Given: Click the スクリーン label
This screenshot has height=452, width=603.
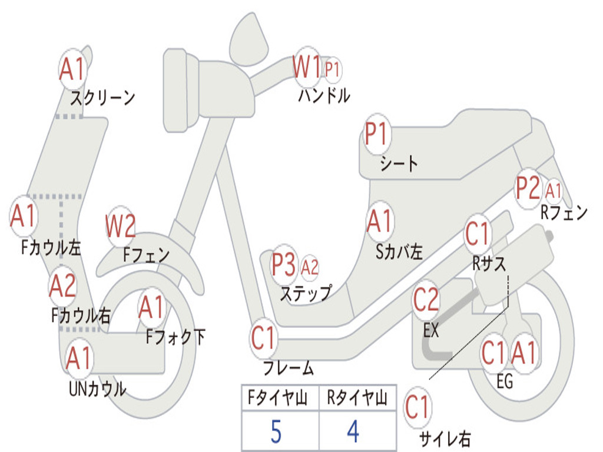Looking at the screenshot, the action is click(102, 98).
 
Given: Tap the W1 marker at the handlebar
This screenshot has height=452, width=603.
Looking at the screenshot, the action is click(306, 67).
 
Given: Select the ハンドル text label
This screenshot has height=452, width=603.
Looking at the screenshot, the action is click(324, 95).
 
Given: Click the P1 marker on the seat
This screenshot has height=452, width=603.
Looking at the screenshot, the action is click(377, 134).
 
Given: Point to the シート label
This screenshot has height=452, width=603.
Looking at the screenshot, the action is click(399, 164).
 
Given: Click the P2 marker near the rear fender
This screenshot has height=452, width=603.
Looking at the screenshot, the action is click(528, 188).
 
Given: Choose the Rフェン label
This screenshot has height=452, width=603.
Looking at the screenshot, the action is click(564, 212).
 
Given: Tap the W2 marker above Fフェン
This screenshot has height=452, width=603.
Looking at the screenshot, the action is click(121, 226).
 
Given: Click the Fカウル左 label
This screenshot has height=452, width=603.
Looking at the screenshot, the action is click(51, 248).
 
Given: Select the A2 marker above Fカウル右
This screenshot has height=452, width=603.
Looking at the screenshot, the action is click(62, 286).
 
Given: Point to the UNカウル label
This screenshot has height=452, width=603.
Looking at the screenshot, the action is click(97, 389).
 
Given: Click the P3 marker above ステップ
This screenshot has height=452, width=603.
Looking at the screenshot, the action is click(284, 265).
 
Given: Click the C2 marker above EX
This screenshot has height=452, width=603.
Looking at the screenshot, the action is click(426, 300).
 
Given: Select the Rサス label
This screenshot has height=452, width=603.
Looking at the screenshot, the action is click(489, 264).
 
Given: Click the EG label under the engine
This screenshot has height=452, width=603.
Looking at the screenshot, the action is click(505, 381).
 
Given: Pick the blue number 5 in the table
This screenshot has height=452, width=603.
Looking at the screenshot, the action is click(276, 431).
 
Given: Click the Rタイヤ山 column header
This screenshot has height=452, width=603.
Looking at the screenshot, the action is click(357, 397).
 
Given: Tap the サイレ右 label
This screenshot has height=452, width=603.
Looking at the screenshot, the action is click(445, 439).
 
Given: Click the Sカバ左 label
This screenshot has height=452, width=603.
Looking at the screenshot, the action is click(399, 252).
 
